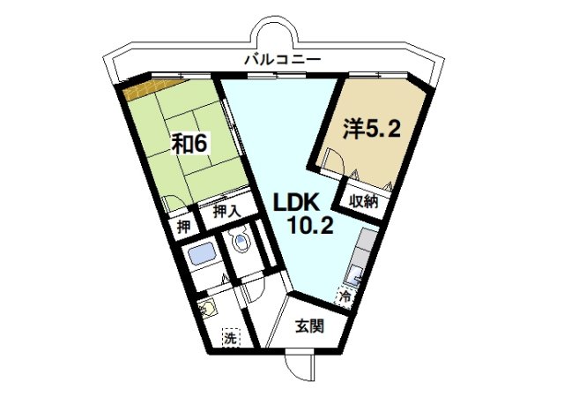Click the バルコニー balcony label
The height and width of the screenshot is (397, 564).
click(x=284, y=59)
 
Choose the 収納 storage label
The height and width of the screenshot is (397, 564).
click(x=363, y=200)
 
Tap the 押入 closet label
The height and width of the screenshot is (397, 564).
click(x=226, y=212)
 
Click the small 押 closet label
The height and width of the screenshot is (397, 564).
click(x=183, y=226)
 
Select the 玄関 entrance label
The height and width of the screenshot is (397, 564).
click(x=308, y=325)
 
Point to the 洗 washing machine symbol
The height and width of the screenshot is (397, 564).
click(x=229, y=336)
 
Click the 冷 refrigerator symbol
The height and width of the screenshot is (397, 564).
click(x=347, y=296)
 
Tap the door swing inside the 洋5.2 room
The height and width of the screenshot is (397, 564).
click(x=336, y=159)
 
